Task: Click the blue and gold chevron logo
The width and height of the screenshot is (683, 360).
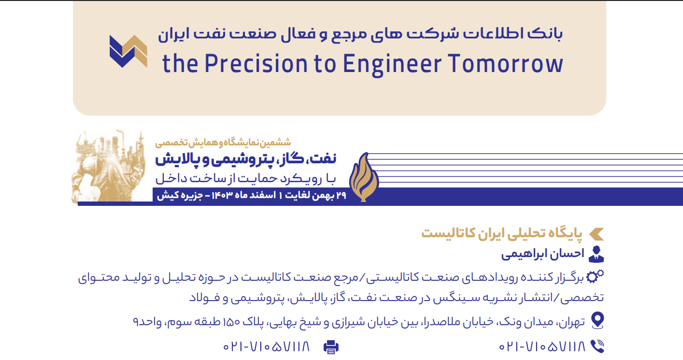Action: (x=128, y=51)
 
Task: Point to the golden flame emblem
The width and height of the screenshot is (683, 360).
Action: (x=364, y=177)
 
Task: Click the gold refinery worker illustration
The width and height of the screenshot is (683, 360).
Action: (x=109, y=166)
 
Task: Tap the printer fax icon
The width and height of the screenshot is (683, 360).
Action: (x=331, y=347)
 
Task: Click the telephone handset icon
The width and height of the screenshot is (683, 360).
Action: (x=598, y=346)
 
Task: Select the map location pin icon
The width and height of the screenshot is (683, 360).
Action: (x=598, y=320)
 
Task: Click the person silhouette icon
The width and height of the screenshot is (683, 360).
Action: (x=597, y=254)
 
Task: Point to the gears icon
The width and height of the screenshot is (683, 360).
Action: (x=595, y=276)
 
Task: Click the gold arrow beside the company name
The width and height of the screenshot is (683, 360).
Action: (x=597, y=234)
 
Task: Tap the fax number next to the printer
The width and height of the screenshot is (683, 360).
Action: (x=266, y=346)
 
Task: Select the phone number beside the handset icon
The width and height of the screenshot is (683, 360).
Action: (x=542, y=346)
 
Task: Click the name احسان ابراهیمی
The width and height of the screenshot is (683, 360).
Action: (x=543, y=254)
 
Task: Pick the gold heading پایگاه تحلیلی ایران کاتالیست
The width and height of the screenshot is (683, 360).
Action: (x=501, y=233)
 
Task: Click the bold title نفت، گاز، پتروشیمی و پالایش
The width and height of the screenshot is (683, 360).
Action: (x=246, y=159)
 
